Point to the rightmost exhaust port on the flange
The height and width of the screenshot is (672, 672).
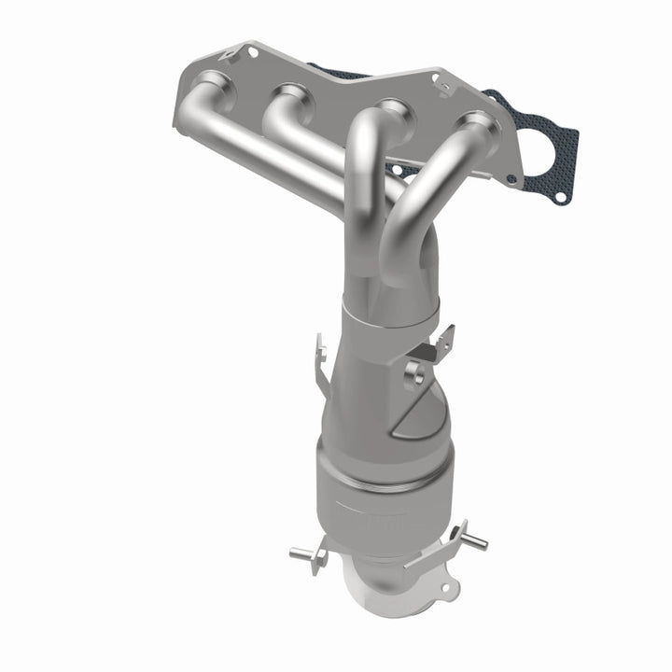pos(475,124)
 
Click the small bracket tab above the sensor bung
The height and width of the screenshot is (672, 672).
pos(434,345)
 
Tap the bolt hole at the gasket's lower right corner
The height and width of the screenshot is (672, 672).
pos(559,198)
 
